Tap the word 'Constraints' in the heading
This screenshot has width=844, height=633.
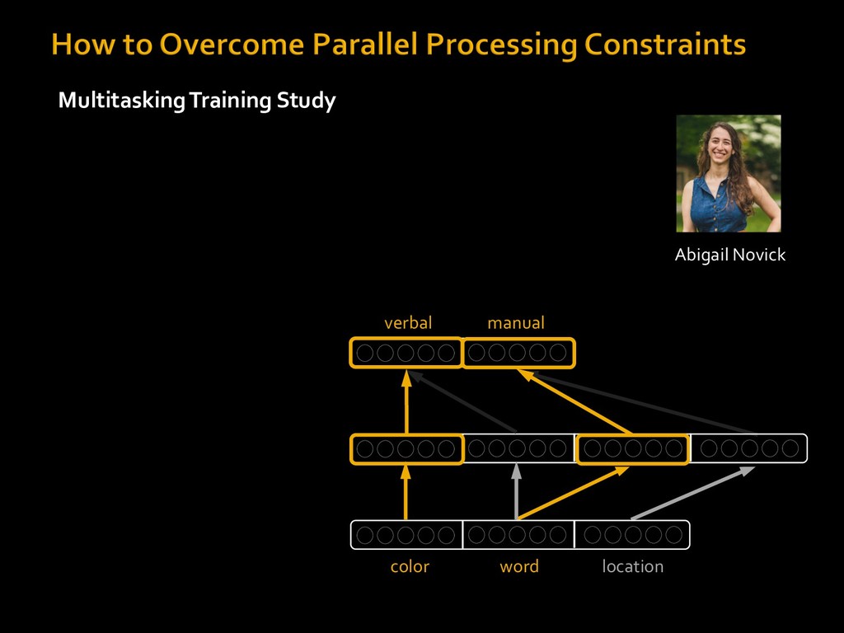click(x=665, y=45)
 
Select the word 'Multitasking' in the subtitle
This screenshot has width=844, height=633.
click(x=122, y=101)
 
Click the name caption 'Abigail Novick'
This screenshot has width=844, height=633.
click(x=730, y=255)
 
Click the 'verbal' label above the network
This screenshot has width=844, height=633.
click(x=408, y=323)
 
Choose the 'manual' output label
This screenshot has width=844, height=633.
click(x=516, y=323)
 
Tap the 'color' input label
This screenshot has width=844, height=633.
click(x=410, y=566)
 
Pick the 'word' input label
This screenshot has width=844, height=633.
click(x=519, y=566)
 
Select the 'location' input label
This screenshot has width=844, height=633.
click(x=632, y=566)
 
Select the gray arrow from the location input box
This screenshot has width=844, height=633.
click(x=692, y=493)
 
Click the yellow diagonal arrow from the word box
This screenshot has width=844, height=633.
click(x=573, y=493)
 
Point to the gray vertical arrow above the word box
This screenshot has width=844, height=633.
click(x=516, y=491)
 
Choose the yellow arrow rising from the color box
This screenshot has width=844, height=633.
click(x=406, y=493)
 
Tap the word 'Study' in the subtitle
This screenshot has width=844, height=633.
click(x=306, y=101)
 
